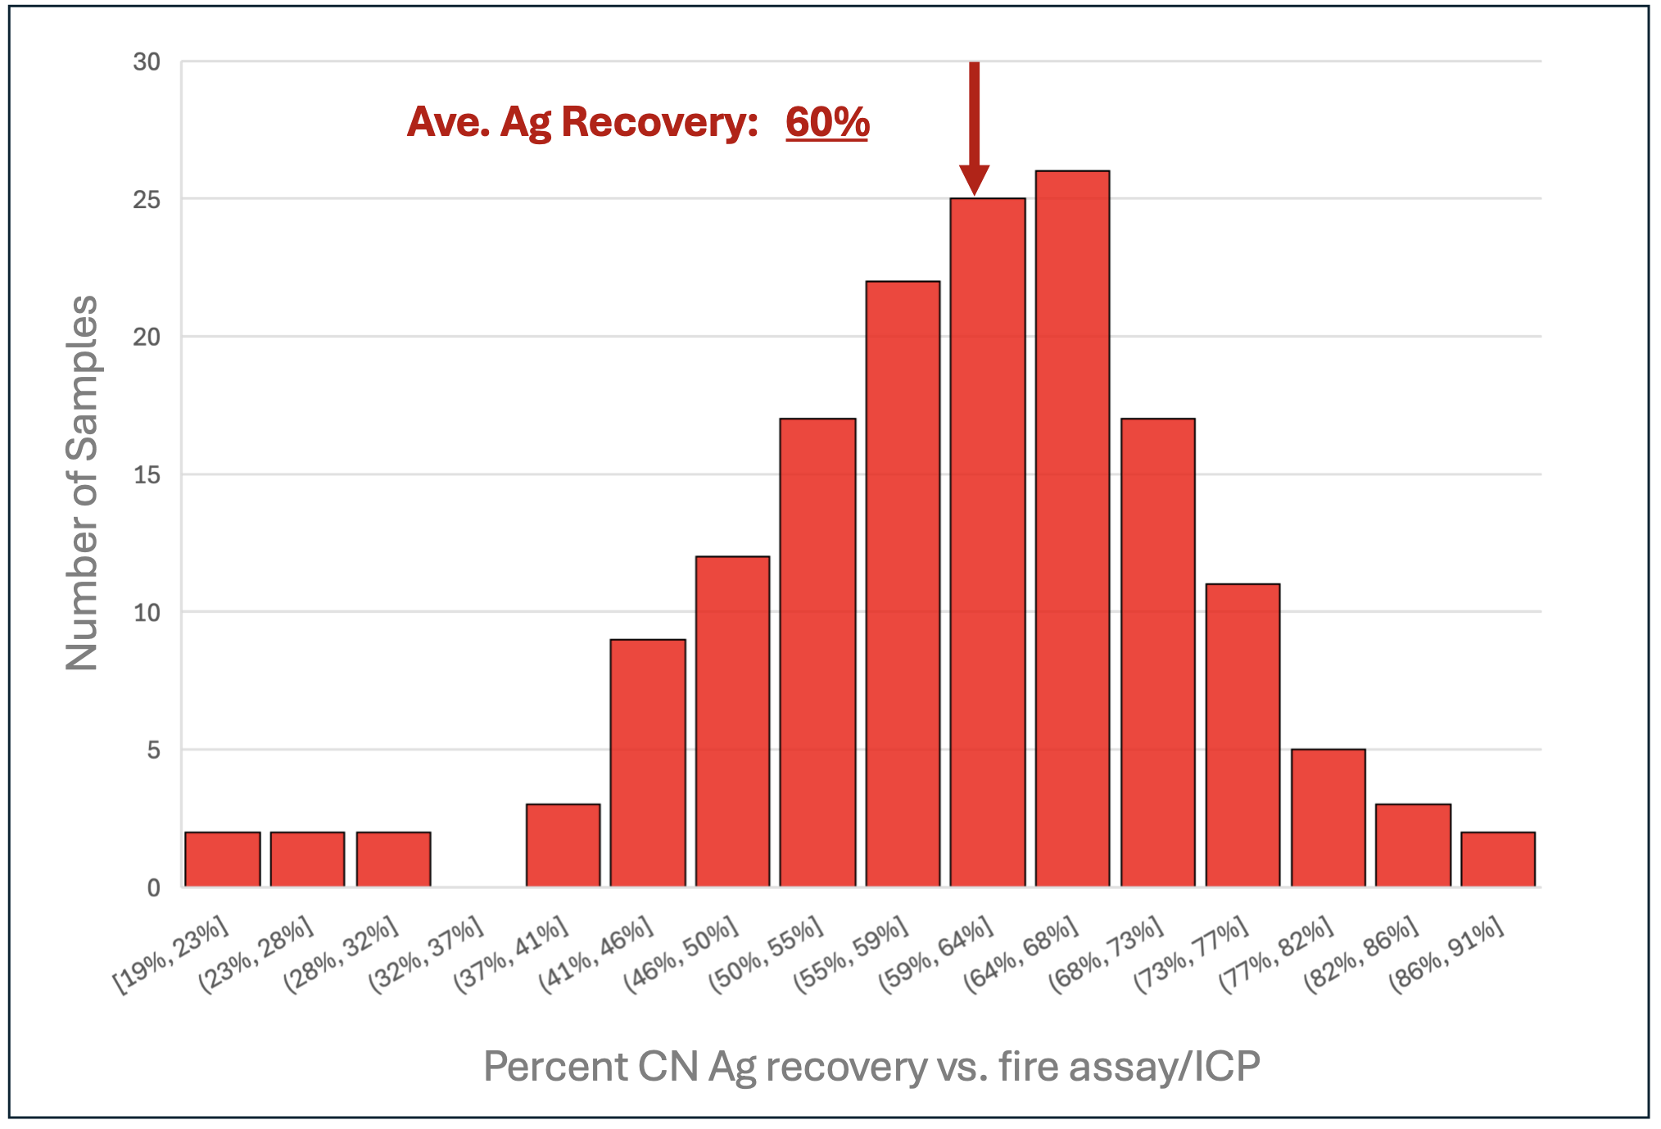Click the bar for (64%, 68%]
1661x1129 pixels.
point(1072,528)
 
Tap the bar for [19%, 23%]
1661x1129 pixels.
point(222,859)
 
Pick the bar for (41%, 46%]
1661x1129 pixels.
point(648,763)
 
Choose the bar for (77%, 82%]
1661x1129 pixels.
point(1328,818)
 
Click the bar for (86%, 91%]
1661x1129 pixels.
point(1498,859)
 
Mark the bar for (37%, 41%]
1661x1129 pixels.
point(563,846)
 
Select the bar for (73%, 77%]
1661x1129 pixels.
point(1242,735)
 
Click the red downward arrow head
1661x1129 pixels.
point(974,179)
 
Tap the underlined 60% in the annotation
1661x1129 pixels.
point(827,122)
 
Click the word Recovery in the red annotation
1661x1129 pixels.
point(659,122)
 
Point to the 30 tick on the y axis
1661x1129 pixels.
point(147,61)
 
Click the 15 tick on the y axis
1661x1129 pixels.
point(147,474)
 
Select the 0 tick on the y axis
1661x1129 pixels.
point(154,888)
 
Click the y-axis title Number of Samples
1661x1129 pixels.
point(82,483)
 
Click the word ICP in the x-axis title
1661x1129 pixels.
point(1226,1067)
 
